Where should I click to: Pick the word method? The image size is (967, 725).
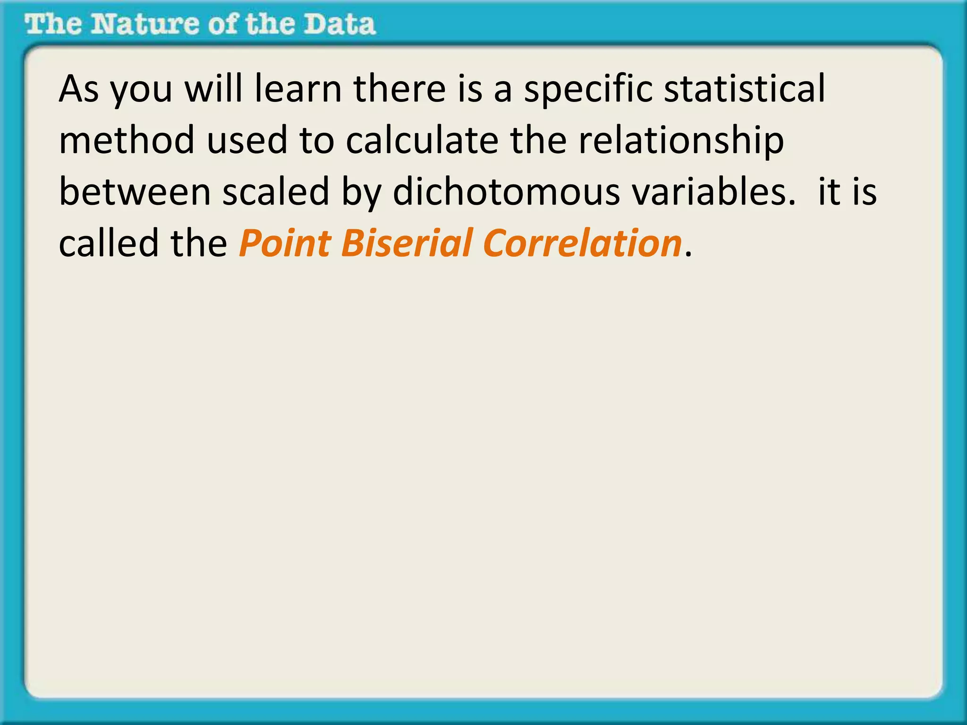tap(127, 140)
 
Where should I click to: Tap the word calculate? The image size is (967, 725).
tap(422, 140)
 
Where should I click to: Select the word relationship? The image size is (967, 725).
tap(681, 141)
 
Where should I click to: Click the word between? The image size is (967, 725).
tap(135, 192)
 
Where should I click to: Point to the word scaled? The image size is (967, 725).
tap(276, 192)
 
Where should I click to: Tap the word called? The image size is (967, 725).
tap(109, 244)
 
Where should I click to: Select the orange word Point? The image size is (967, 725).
tap(285, 244)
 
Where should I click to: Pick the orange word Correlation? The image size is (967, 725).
tap(583, 244)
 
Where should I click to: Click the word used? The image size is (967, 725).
tap(247, 140)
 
